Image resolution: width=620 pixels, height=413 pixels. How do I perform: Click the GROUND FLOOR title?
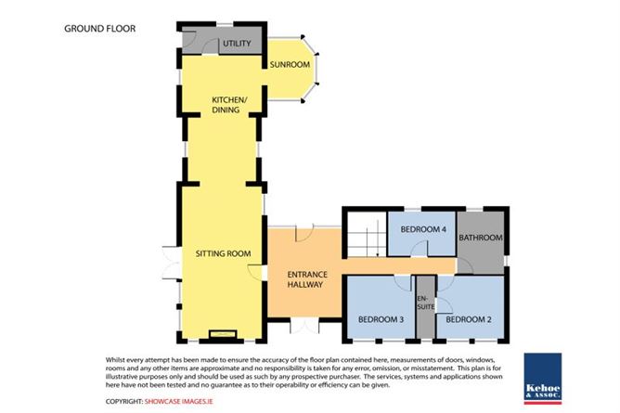(99, 29)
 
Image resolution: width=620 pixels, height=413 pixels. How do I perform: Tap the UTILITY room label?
(237, 44)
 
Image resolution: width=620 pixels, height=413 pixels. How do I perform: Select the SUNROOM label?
(290, 64)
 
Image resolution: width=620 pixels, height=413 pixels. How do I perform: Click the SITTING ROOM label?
(223, 253)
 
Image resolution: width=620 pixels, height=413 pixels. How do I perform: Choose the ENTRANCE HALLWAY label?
(307, 279)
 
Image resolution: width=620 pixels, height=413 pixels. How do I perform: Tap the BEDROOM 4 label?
(423, 229)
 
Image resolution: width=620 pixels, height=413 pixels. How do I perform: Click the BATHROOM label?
(481, 238)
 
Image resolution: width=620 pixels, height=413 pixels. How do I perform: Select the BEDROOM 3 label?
(381, 319)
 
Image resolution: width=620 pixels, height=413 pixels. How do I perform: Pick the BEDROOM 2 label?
(469, 319)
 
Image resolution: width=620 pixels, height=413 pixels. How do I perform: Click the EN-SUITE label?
(426, 303)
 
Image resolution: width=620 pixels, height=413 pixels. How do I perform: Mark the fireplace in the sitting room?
(223, 334)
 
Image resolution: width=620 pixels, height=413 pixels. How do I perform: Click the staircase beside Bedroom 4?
(367, 234)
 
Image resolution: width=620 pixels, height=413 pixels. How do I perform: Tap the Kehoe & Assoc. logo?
(543, 379)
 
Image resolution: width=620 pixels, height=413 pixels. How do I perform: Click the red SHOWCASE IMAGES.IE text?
(179, 402)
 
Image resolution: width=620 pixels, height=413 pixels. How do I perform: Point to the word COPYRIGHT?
(124, 402)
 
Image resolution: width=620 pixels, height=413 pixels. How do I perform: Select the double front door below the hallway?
(304, 326)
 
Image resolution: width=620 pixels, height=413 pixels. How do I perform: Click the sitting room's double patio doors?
(172, 263)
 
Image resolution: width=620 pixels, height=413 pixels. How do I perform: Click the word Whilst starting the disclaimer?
(115, 360)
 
